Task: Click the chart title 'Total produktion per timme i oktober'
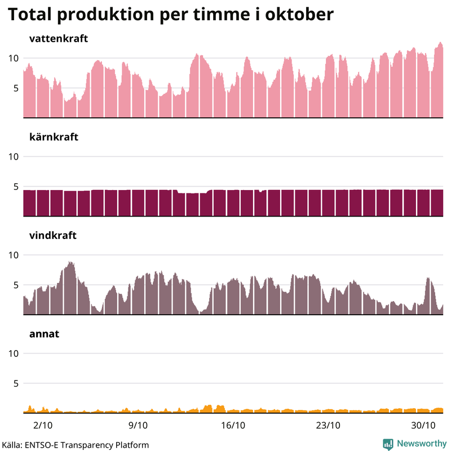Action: (x=170, y=15)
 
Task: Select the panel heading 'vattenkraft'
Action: (x=58, y=39)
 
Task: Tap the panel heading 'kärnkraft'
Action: (x=54, y=137)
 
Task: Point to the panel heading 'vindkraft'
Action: (x=52, y=236)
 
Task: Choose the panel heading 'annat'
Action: (x=44, y=334)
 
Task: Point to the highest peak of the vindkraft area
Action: (x=70, y=262)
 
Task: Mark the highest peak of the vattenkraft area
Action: (x=440, y=43)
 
